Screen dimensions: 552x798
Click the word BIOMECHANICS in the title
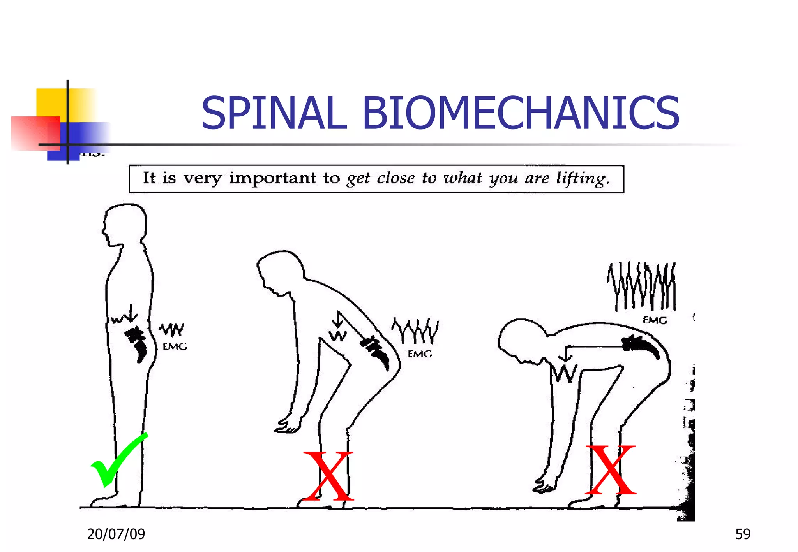click(521, 113)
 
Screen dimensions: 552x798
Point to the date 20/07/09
click(116, 534)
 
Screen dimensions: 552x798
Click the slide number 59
click(743, 534)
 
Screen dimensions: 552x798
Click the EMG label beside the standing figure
click(175, 346)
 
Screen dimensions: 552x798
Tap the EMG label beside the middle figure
click(420, 354)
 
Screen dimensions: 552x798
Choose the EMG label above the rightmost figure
click(655, 320)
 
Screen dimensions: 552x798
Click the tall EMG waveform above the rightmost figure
click(642, 287)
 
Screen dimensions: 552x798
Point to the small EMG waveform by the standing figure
click(171, 329)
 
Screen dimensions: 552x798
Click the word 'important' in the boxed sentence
click(273, 178)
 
